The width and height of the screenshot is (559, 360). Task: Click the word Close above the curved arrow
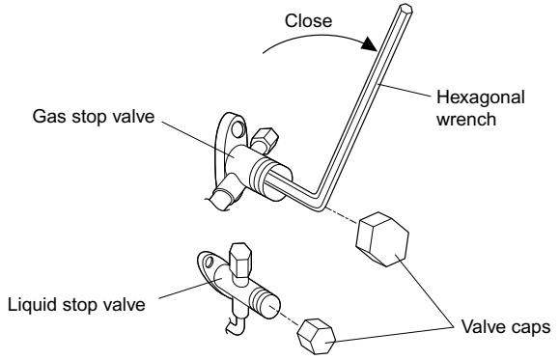[308, 20]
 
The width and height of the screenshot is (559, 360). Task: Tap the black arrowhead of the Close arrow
[370, 43]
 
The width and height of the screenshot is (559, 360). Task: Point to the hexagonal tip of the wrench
[405, 9]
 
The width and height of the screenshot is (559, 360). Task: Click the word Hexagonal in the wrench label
[481, 97]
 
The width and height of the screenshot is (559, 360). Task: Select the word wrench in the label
[466, 119]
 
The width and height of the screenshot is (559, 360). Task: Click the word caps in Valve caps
[529, 327]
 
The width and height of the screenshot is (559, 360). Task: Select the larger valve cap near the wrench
[382, 239]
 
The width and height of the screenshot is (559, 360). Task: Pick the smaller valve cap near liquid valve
[317, 337]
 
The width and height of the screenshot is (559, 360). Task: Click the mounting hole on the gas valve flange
[238, 129]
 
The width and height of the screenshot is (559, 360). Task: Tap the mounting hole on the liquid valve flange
[210, 262]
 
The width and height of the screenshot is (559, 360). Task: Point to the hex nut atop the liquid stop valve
[240, 259]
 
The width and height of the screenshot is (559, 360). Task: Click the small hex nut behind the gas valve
[265, 139]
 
